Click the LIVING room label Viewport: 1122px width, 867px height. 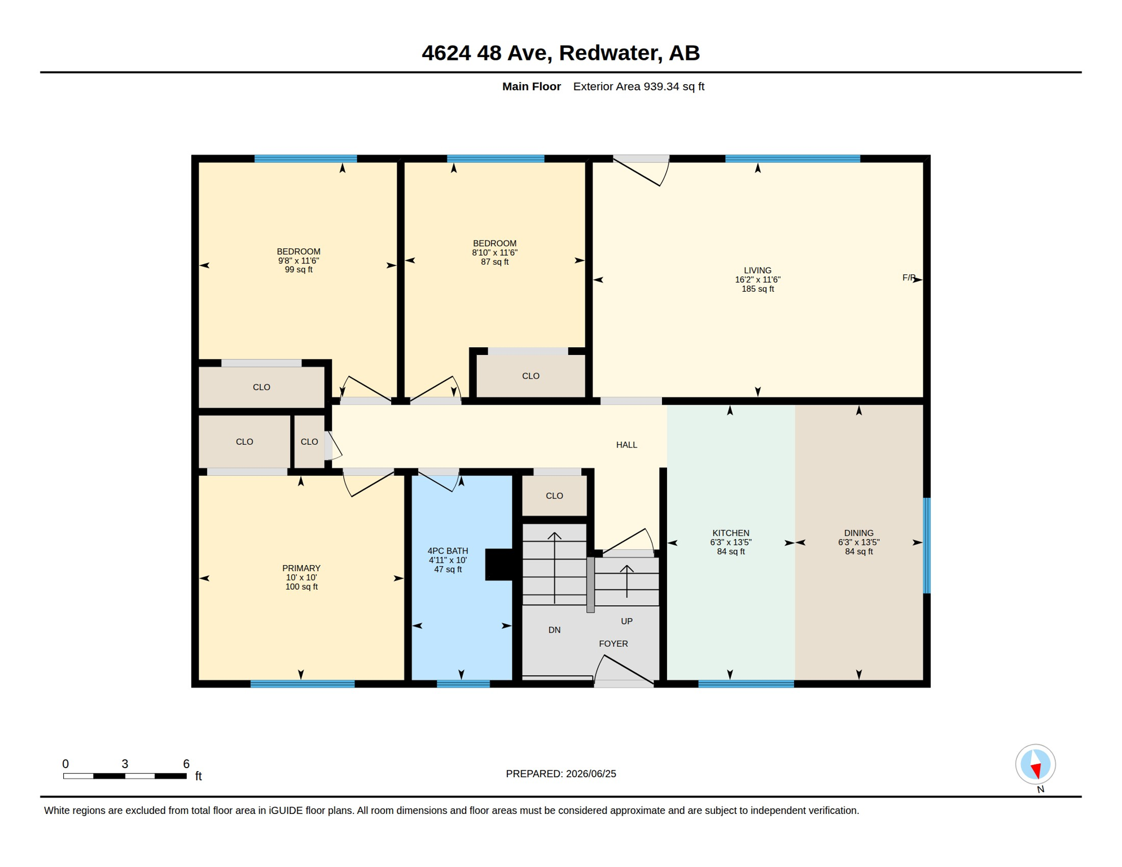pyautogui.click(x=757, y=270)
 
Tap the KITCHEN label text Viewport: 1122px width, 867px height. pyautogui.click(x=731, y=533)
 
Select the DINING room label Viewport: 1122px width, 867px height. pyautogui.click(x=858, y=533)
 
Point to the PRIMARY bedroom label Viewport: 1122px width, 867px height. pyautogui.click(x=301, y=568)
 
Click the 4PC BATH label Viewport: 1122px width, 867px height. pyautogui.click(x=448, y=551)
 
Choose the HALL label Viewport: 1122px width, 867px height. pyautogui.click(x=626, y=445)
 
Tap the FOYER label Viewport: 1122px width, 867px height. pyautogui.click(x=613, y=643)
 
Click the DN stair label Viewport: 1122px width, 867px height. pyautogui.click(x=554, y=630)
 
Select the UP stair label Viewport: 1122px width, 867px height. pyautogui.click(x=626, y=621)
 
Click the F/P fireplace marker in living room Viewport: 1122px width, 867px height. pyautogui.click(x=909, y=278)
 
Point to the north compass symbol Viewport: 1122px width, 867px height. pyautogui.click(x=1036, y=765)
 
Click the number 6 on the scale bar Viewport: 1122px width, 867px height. pyautogui.click(x=186, y=764)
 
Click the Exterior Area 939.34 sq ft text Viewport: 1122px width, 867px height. pyautogui.click(x=639, y=86)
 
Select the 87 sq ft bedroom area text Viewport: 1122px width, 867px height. pyautogui.click(x=494, y=262)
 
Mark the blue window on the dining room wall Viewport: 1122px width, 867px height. pyautogui.click(x=927, y=545)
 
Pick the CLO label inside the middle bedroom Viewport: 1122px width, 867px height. pyautogui.click(x=531, y=376)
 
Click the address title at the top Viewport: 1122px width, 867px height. pyautogui.click(x=561, y=52)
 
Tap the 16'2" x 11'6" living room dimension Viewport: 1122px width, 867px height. pyautogui.click(x=757, y=279)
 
